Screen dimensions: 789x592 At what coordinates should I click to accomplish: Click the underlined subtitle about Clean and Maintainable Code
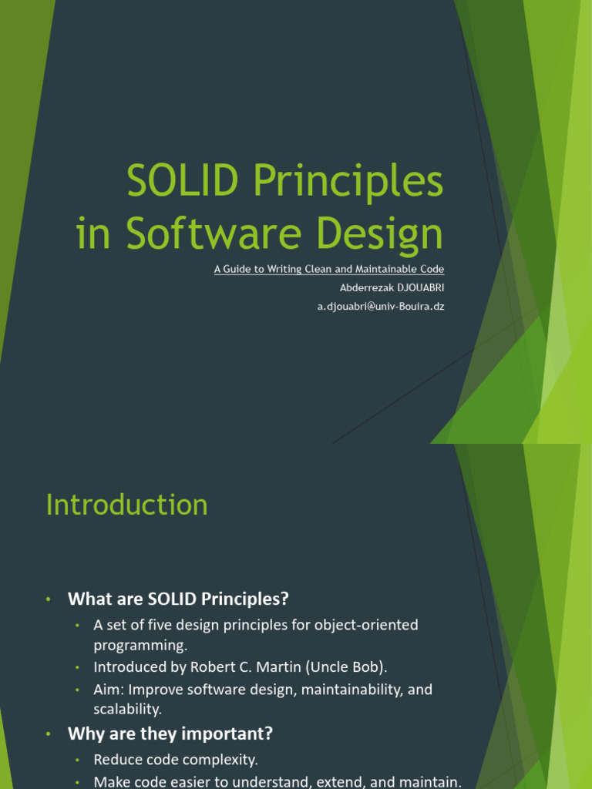[x=329, y=269]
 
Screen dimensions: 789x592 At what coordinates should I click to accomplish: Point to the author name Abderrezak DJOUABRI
[x=392, y=287]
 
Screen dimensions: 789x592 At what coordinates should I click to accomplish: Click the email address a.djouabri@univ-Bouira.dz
[x=381, y=306]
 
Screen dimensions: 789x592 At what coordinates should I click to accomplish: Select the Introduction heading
[x=127, y=505]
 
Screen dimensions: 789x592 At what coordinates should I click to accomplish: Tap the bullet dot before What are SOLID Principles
[x=47, y=599]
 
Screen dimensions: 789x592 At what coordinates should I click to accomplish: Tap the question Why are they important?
[x=170, y=733]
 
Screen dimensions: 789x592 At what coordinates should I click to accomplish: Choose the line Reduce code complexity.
[x=176, y=760]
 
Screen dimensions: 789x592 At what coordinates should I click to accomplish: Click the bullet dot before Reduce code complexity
[x=77, y=760]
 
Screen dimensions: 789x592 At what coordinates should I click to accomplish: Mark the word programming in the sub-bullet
[x=140, y=644]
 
